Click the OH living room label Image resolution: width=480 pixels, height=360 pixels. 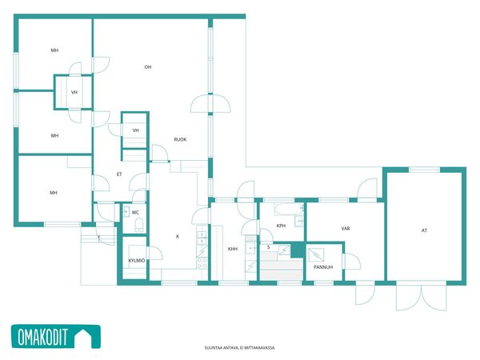pyautogui.click(x=148, y=66)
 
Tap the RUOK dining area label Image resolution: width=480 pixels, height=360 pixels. pyautogui.click(x=180, y=139)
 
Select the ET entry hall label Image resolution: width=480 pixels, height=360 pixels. pyautogui.click(x=119, y=174)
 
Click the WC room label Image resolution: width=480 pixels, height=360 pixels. pyautogui.click(x=135, y=212)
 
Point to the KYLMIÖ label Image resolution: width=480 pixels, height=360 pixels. pyautogui.click(x=137, y=261)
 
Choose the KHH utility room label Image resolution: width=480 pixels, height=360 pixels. pyautogui.click(x=233, y=249)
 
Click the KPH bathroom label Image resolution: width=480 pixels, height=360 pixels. pyautogui.click(x=281, y=226)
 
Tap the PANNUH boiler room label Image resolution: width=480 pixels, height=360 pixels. pyautogui.click(x=323, y=267)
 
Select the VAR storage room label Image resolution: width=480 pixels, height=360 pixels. pyautogui.click(x=346, y=228)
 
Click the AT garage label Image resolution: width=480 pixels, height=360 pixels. pyautogui.click(x=424, y=230)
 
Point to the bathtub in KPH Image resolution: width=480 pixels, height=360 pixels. pyautogui.click(x=289, y=209)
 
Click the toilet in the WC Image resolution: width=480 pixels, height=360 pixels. pyautogui.click(x=139, y=225)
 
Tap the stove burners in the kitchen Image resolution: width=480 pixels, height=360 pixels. pyautogui.click(x=202, y=263)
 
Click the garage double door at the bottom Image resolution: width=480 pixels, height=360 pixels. pyautogui.click(x=422, y=297)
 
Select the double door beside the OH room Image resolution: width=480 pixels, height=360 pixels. pyautogui.click(x=210, y=104)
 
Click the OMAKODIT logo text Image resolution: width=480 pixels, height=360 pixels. pyautogui.click(x=42, y=337)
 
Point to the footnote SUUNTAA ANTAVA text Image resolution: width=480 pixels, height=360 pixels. pyautogui.click(x=240, y=348)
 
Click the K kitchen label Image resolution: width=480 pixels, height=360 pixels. pyautogui.click(x=178, y=236)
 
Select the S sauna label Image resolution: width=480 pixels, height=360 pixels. pyautogui.click(x=269, y=247)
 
